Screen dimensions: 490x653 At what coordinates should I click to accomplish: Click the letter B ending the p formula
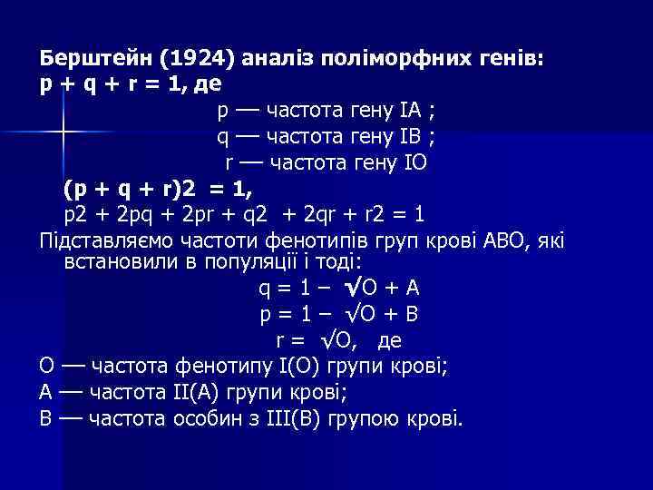[x=412, y=315]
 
